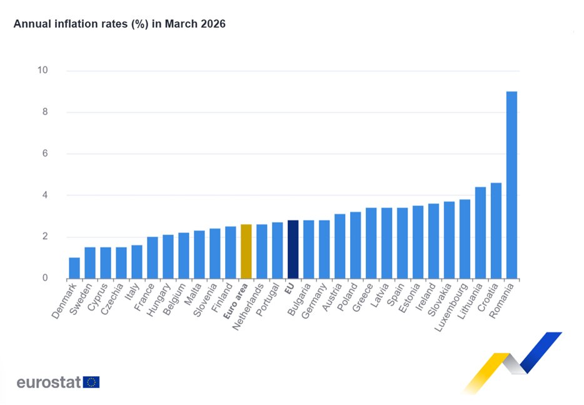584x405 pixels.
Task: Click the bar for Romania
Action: (x=511, y=185)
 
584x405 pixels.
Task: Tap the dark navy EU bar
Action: (x=293, y=250)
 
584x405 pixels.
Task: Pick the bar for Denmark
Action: (x=74, y=268)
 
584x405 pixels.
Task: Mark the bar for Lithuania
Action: (x=480, y=233)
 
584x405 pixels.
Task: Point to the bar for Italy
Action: (x=137, y=262)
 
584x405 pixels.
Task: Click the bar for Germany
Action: (x=324, y=250)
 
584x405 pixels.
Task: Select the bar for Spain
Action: (x=402, y=244)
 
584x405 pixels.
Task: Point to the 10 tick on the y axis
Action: (x=43, y=70)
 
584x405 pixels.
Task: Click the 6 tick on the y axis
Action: (x=45, y=153)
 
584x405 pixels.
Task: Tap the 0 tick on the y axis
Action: (x=45, y=278)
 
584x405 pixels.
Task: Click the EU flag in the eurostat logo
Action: (x=91, y=382)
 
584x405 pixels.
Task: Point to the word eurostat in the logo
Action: (x=49, y=382)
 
